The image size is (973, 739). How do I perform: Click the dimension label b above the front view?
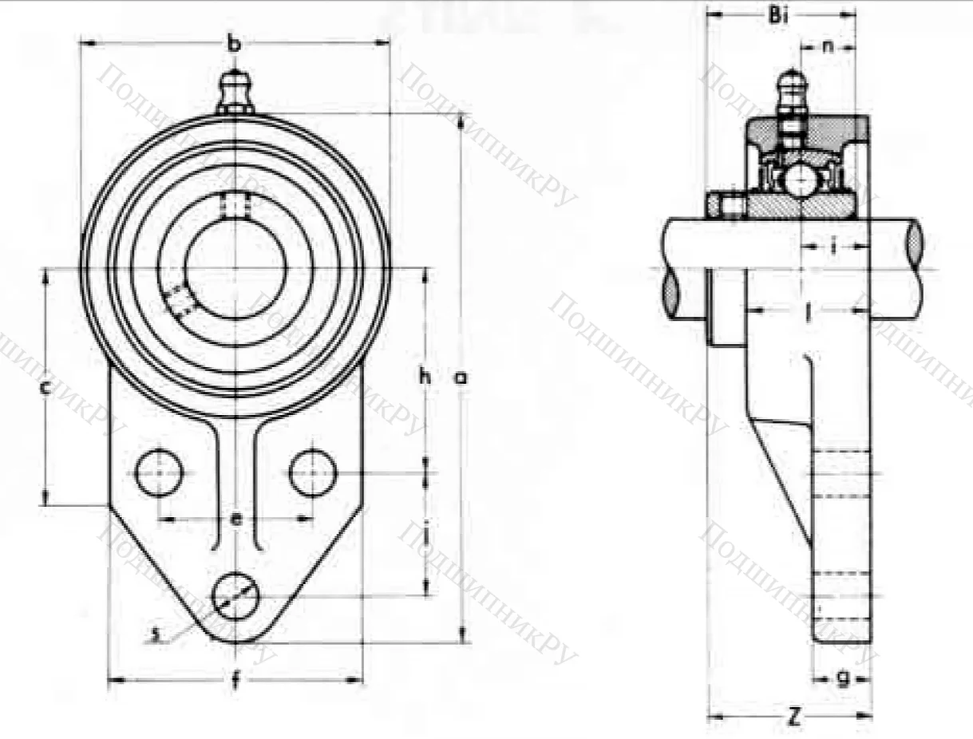point(233,45)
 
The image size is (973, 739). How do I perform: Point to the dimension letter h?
point(425,377)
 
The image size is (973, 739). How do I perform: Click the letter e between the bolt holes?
point(235,520)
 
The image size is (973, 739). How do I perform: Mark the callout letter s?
point(157,634)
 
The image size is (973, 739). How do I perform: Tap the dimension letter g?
point(842,678)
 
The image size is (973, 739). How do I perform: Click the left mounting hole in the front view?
point(159,472)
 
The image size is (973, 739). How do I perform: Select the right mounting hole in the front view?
point(312,472)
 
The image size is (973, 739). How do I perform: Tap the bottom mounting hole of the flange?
point(235,596)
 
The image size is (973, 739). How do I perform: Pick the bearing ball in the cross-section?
point(799,180)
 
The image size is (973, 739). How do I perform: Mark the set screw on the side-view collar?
point(726,206)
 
